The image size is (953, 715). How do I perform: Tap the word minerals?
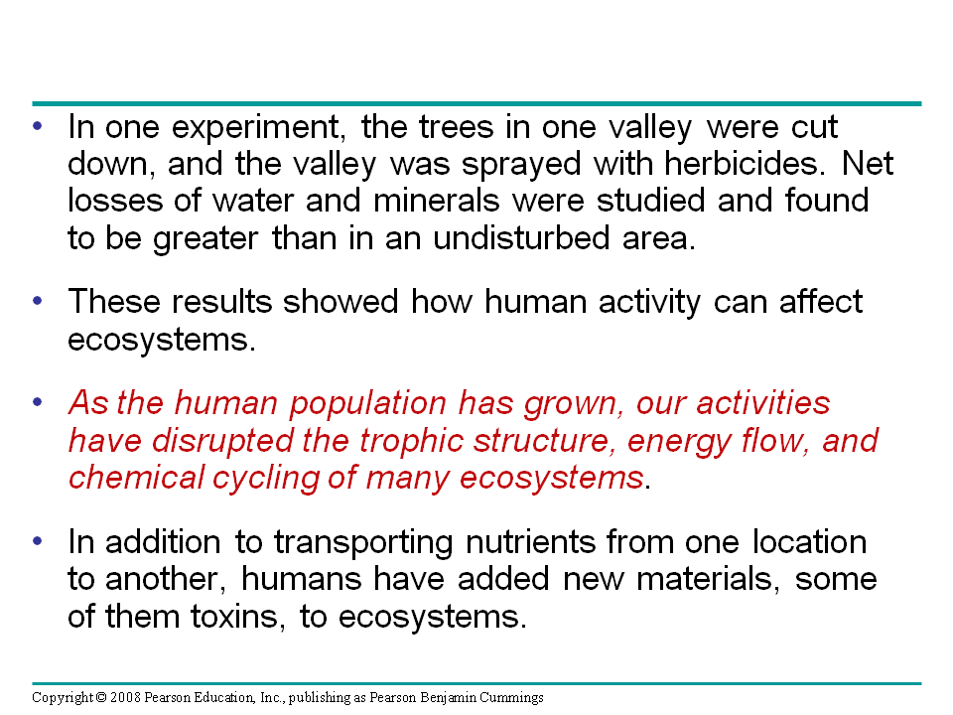click(x=436, y=200)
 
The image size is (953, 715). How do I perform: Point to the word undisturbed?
click(x=521, y=237)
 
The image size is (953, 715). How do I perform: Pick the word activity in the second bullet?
click(x=649, y=303)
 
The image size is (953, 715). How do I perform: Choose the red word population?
click(x=366, y=404)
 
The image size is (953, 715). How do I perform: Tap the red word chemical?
click(x=136, y=478)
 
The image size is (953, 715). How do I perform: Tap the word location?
click(x=809, y=542)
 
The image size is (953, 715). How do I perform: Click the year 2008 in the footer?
click(x=125, y=697)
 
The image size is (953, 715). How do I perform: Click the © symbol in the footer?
click(x=101, y=697)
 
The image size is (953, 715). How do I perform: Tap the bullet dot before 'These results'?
click(x=39, y=301)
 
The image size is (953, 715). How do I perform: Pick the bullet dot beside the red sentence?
click(x=39, y=402)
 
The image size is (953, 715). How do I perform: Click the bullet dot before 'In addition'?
click(x=39, y=540)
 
